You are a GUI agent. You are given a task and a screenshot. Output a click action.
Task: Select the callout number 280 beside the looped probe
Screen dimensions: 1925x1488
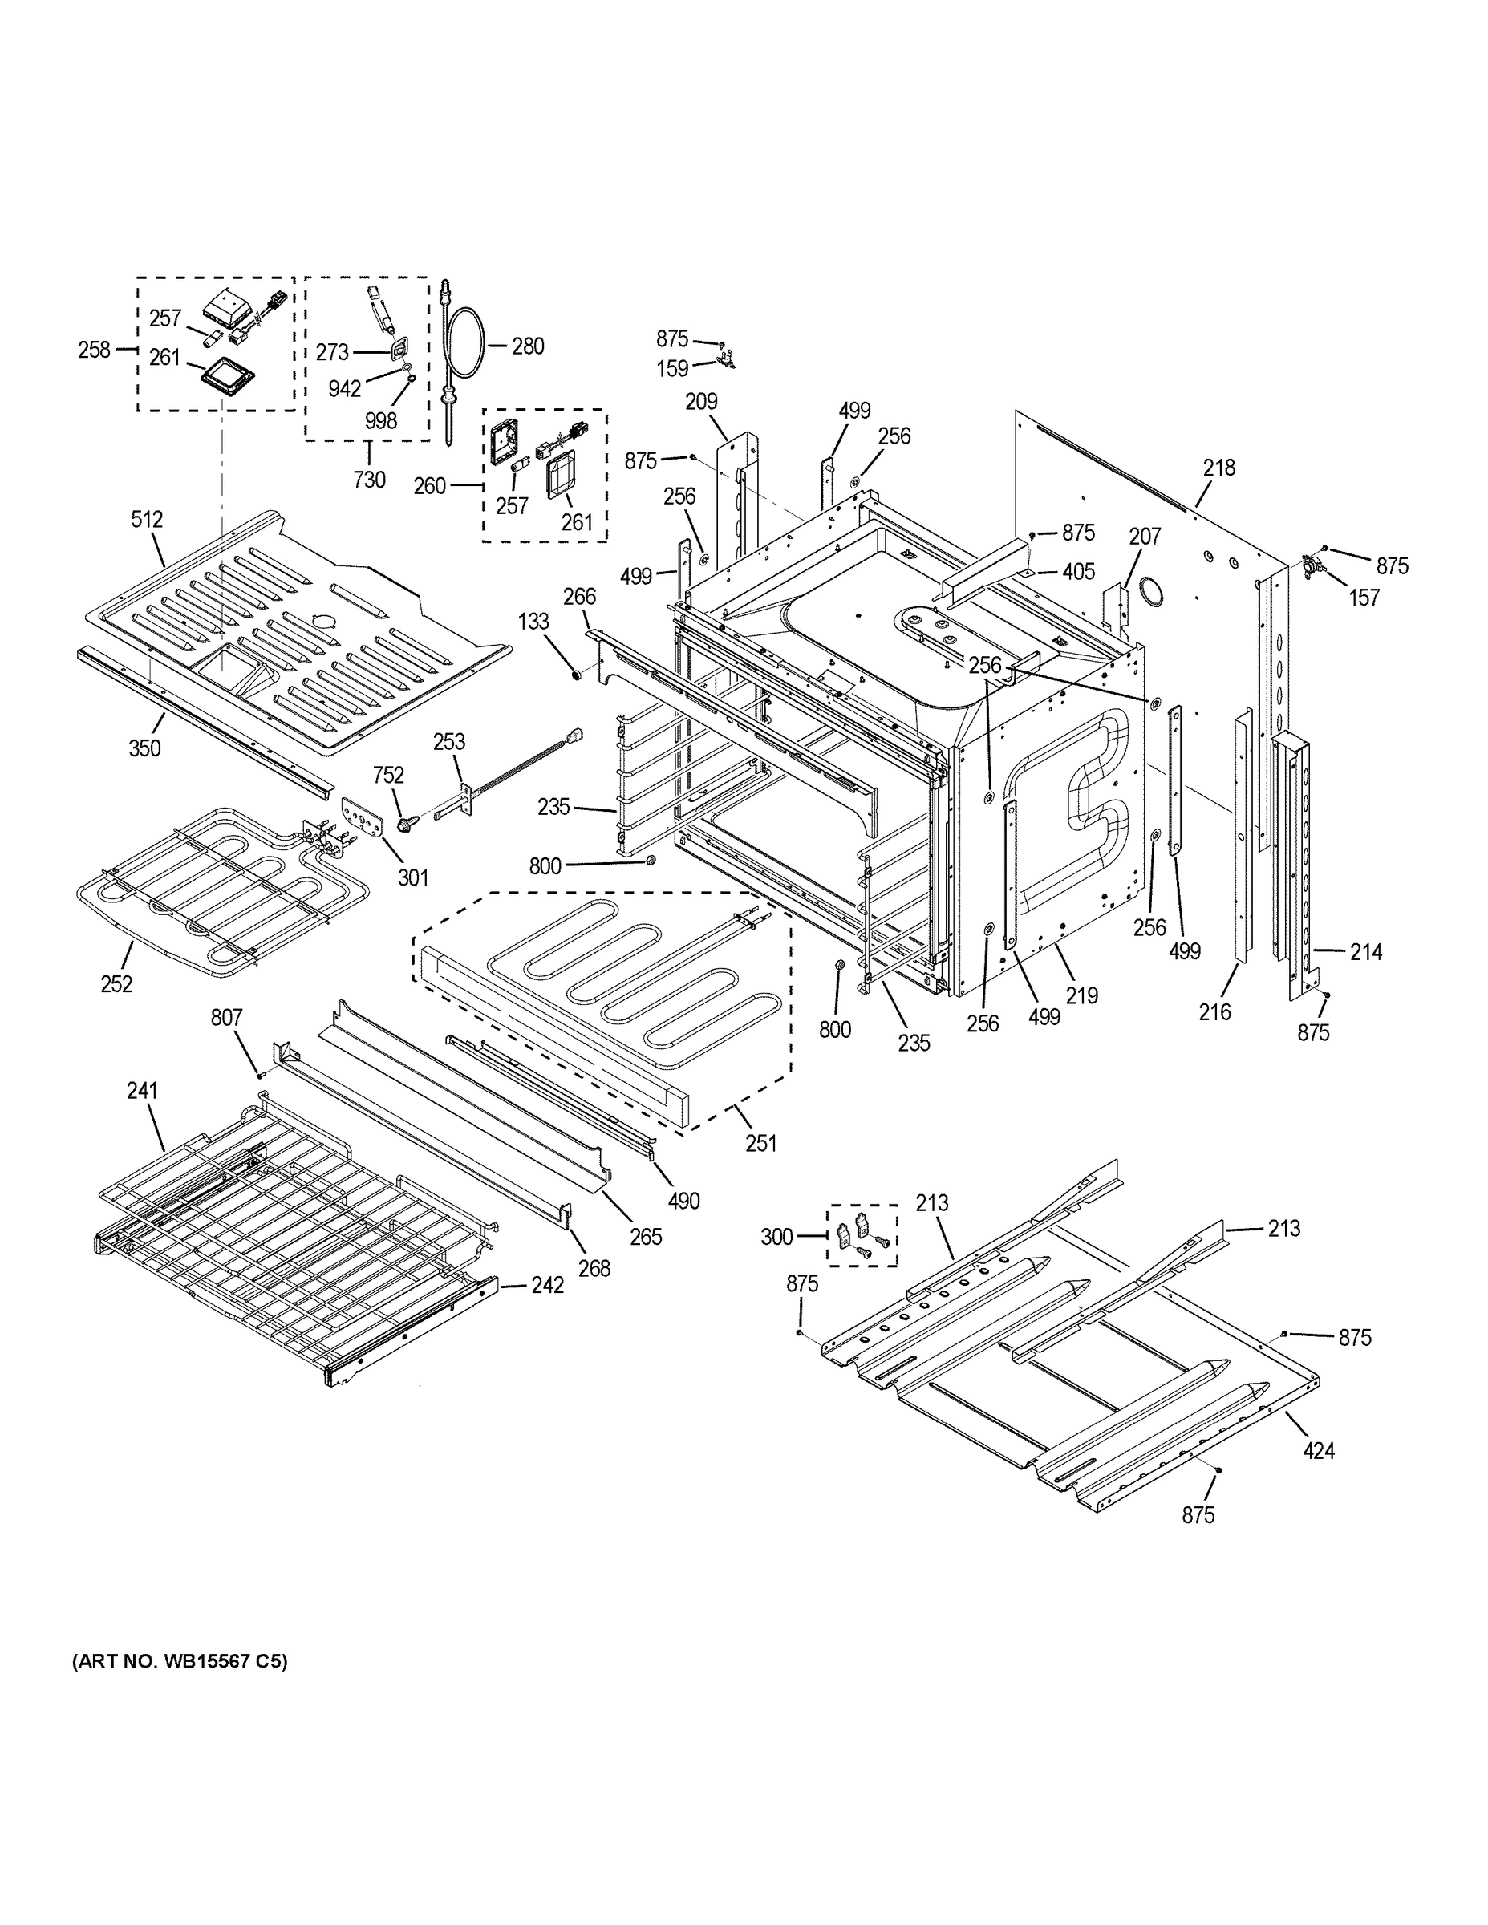[528, 346]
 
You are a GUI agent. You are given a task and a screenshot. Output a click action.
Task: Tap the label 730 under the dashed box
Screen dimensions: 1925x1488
[369, 480]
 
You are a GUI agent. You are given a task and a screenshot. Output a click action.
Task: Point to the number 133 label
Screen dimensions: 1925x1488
[533, 622]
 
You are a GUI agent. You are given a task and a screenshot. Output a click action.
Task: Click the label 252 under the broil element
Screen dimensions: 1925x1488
[116, 983]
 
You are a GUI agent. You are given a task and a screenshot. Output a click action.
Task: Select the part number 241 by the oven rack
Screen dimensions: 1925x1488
[142, 1090]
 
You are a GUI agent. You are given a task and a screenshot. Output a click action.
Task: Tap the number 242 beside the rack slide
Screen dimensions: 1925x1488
[546, 1285]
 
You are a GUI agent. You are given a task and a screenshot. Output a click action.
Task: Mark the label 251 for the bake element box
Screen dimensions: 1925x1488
[760, 1143]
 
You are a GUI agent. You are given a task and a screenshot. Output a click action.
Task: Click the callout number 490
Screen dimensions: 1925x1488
[684, 1201]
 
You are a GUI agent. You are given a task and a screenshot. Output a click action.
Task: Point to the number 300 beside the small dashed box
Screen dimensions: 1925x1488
[776, 1238]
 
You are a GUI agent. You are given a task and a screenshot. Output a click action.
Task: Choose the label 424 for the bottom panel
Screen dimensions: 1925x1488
[1319, 1450]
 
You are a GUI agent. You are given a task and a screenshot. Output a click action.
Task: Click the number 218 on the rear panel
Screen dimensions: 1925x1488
[1219, 468]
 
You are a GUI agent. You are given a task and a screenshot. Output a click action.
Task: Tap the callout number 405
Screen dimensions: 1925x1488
[1078, 572]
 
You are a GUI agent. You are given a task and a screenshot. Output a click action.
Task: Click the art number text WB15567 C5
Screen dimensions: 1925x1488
[180, 1661]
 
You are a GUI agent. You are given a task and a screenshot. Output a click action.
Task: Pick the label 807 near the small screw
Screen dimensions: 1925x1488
[225, 1018]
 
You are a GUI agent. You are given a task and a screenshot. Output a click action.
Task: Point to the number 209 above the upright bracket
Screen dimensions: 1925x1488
[702, 402]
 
